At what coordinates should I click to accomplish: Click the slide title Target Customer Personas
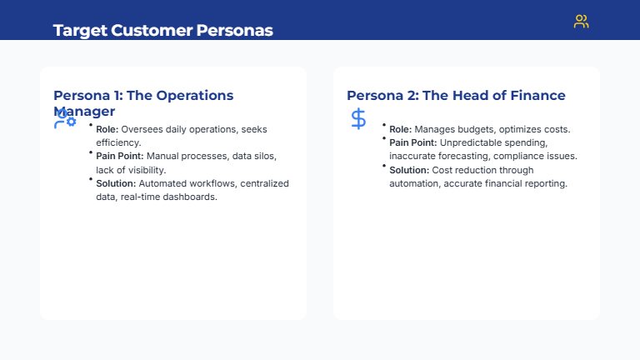[162, 31]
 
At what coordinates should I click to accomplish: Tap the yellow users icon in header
[581, 22]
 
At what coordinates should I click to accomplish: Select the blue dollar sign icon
[358, 118]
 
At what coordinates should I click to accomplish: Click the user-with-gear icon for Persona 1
[64, 119]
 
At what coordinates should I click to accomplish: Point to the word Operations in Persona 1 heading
[191, 96]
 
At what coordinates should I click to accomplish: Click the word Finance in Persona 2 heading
[536, 96]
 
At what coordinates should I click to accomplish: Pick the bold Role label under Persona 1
[107, 130]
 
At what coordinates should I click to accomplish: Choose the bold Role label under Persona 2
[401, 130]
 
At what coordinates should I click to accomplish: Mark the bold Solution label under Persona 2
[409, 170]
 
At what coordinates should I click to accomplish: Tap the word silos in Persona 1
[276, 157]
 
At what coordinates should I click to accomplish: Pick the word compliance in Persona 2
[514, 157]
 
